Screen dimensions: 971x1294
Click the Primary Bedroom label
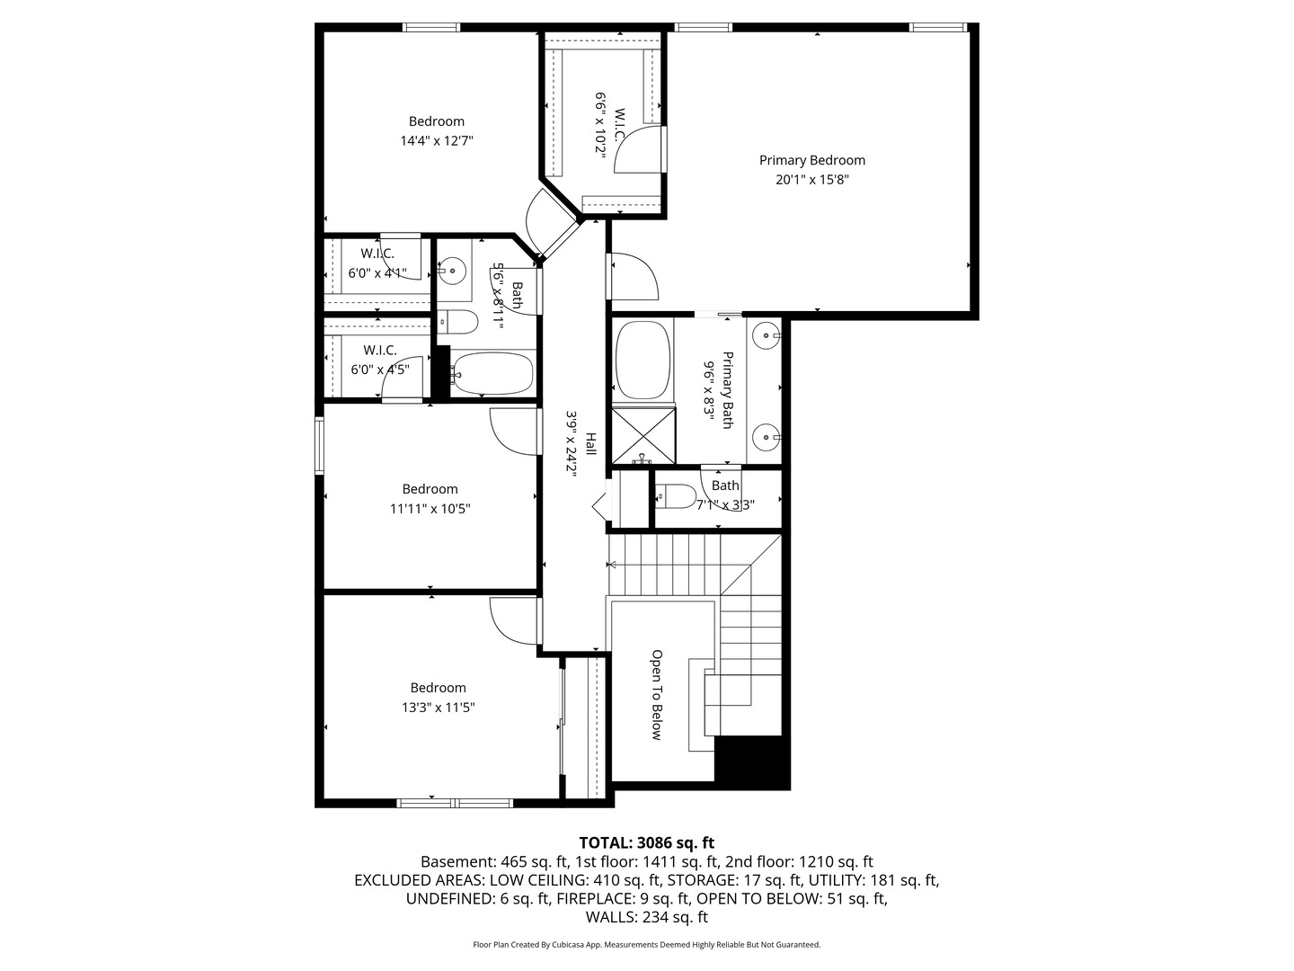(x=811, y=160)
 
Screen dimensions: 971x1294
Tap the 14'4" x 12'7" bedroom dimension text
(x=437, y=141)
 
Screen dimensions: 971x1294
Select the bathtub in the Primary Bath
(x=643, y=360)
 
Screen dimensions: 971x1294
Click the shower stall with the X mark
(x=643, y=435)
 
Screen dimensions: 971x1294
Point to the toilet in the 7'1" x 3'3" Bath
(x=676, y=496)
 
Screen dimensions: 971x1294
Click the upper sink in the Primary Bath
(x=767, y=335)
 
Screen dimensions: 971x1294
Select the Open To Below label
(x=657, y=695)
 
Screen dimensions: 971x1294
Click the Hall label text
(x=591, y=443)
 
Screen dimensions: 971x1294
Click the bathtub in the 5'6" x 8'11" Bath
(x=492, y=373)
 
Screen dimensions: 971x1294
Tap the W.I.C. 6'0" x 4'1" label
(x=377, y=263)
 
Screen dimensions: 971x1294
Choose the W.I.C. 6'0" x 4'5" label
(x=379, y=359)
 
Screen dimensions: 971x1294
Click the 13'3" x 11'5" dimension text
(x=438, y=708)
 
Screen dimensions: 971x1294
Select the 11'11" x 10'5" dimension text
(x=430, y=509)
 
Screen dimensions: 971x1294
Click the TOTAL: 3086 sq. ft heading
(x=646, y=842)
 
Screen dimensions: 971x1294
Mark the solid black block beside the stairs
(x=751, y=762)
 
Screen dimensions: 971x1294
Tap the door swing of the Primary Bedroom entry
(x=634, y=277)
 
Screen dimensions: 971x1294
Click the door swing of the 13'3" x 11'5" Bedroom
(x=512, y=620)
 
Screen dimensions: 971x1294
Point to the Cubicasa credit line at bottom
(x=646, y=945)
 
